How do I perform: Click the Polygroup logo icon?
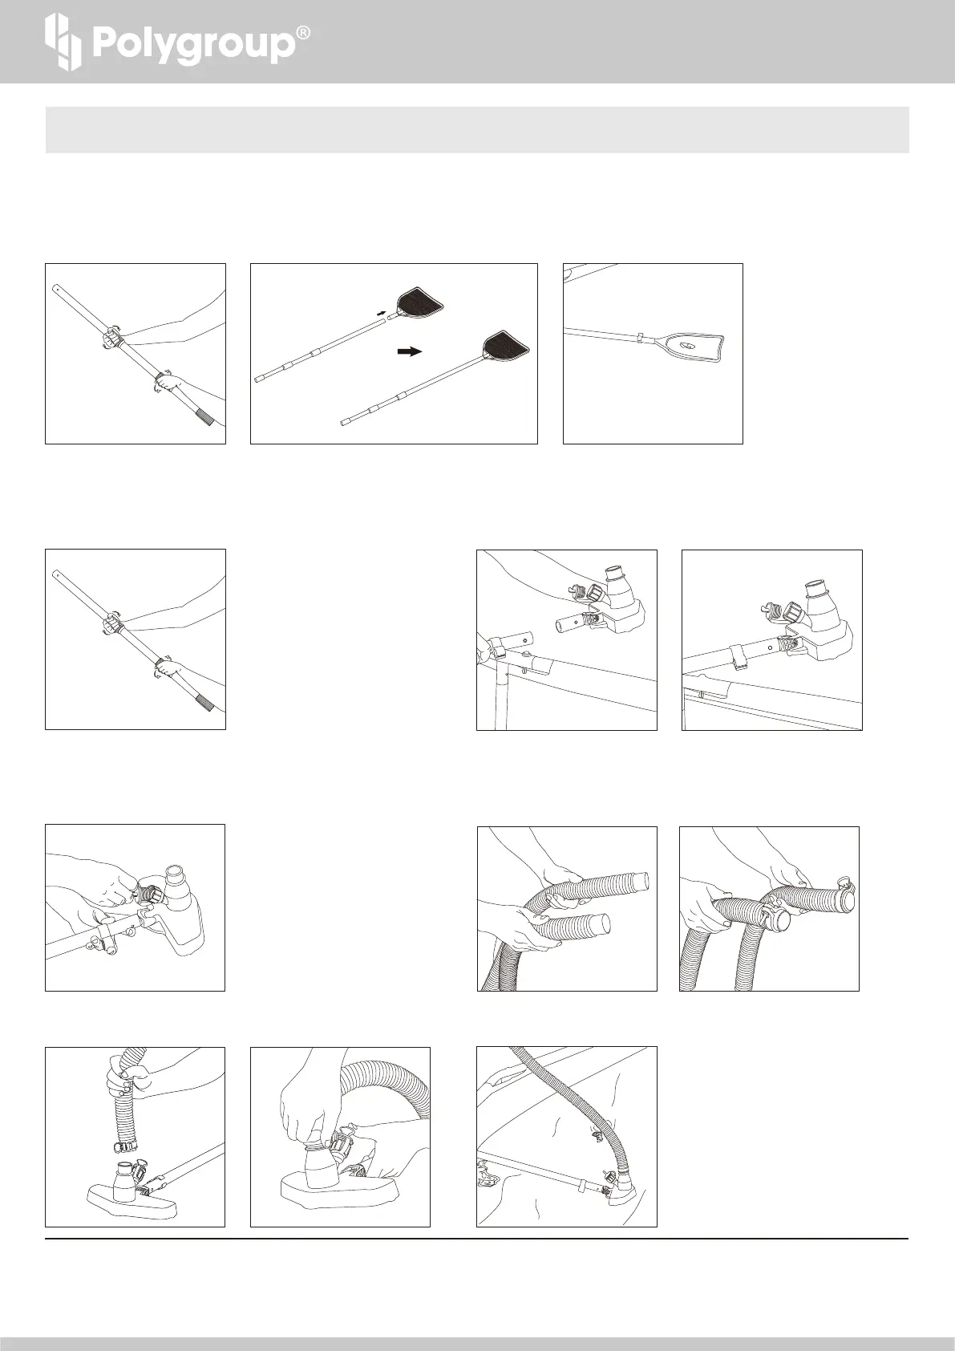point(63,43)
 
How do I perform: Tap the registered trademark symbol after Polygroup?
point(304,33)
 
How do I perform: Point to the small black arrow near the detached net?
point(380,313)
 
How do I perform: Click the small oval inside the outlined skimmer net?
point(685,345)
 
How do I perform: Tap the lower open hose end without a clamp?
point(604,925)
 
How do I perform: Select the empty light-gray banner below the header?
point(477,130)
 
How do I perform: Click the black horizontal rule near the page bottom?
point(477,1239)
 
